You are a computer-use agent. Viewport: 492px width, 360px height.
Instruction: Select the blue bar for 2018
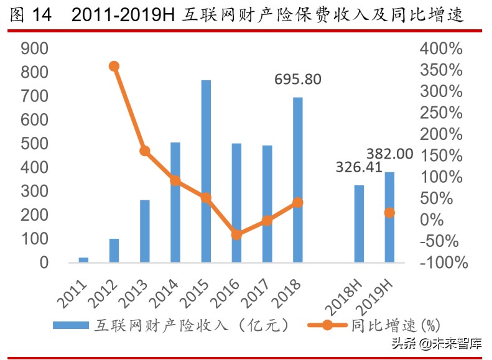(297, 180)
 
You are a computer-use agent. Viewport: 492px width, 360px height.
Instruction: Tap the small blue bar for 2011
(83, 260)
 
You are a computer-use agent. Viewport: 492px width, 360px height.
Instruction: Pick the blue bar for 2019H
(389, 217)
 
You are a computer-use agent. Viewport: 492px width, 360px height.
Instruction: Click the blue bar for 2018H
(359, 223)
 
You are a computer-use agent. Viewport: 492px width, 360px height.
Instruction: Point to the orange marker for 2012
(114, 66)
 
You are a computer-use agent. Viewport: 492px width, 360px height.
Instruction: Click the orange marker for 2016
(236, 234)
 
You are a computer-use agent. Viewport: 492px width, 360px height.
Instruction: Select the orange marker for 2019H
(389, 213)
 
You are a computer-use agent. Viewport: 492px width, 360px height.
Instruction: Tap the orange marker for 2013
(144, 151)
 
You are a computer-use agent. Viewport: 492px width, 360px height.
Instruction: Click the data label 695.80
(299, 80)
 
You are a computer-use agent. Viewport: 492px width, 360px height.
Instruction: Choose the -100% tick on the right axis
(442, 262)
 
